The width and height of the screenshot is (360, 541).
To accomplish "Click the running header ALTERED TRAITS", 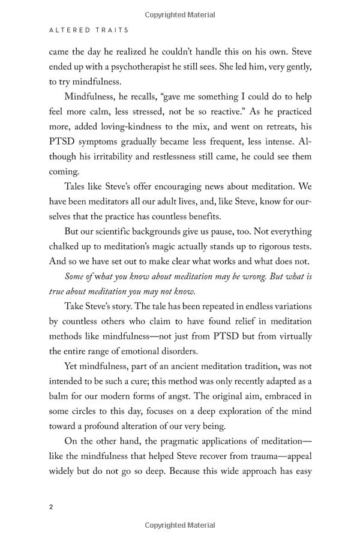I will tap(89, 29).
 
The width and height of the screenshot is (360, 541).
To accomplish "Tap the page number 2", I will tap(51, 506).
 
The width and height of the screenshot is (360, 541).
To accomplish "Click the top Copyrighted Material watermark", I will tap(180, 15).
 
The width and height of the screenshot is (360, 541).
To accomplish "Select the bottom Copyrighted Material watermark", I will tap(180, 525).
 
